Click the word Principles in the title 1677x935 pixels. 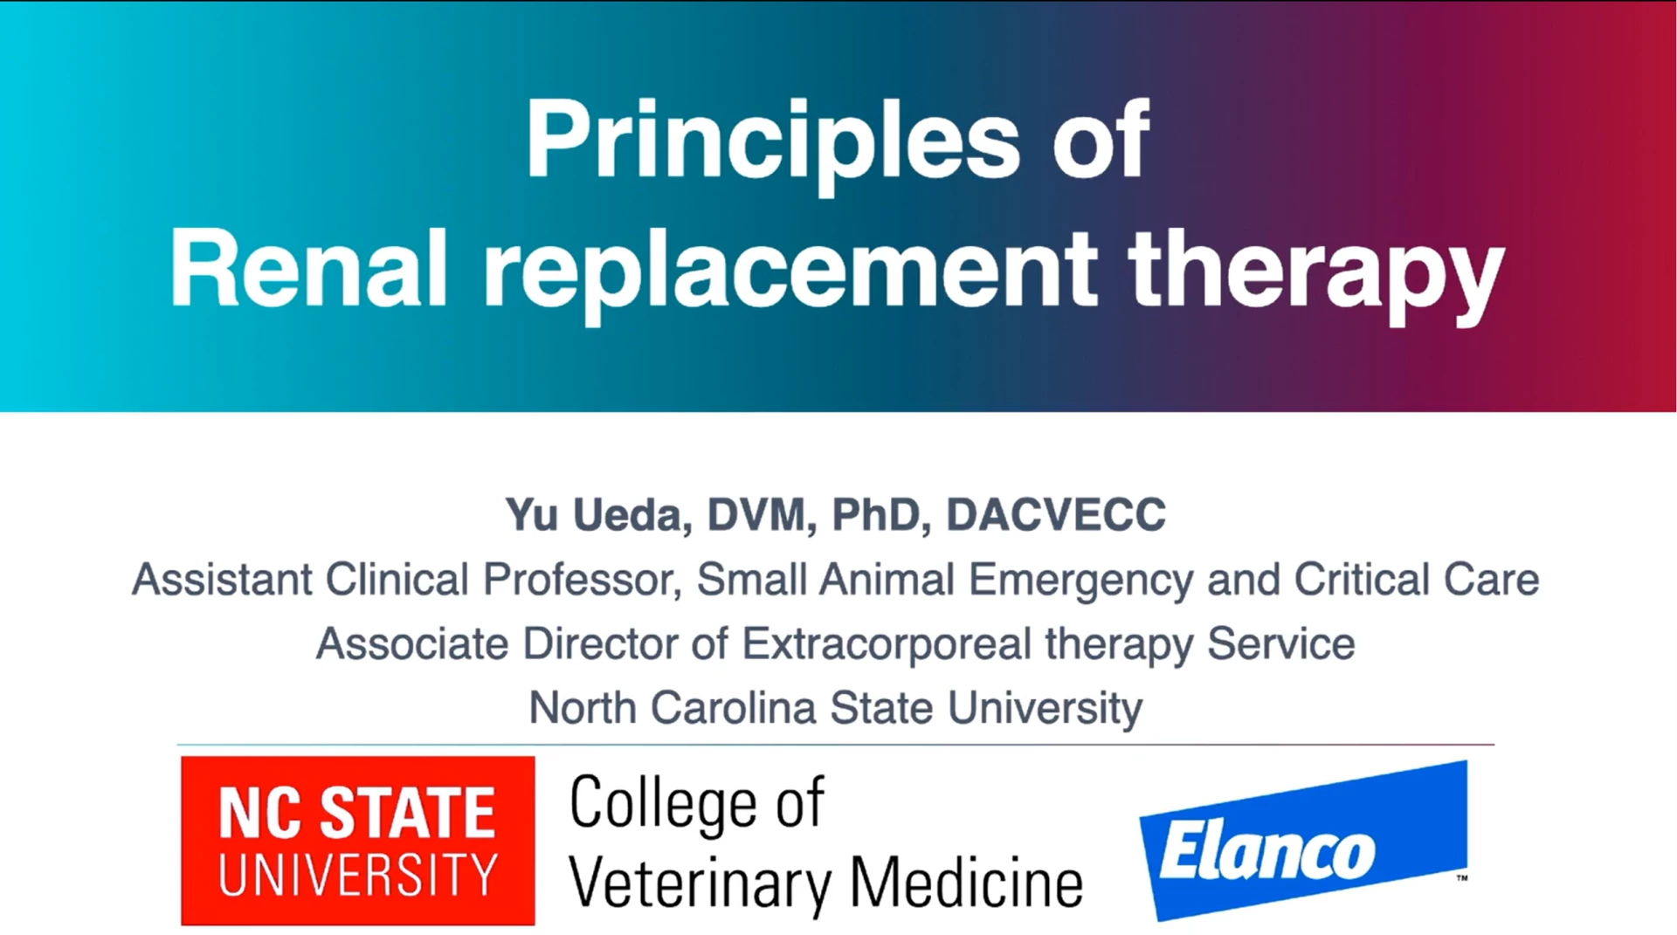coord(772,145)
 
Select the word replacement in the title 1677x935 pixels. coord(790,275)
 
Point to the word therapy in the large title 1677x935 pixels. coord(1315,275)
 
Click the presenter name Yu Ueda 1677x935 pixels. coord(593,514)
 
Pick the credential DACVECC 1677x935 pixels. coord(1056,514)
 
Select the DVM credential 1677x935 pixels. coord(756,514)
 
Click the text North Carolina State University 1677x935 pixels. coord(836,708)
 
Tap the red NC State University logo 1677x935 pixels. coord(358,841)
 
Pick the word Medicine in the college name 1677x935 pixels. coord(967,883)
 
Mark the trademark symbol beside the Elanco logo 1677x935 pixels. coord(1462,878)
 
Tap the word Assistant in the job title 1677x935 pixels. coord(222,580)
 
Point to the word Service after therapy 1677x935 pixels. coord(1281,644)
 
